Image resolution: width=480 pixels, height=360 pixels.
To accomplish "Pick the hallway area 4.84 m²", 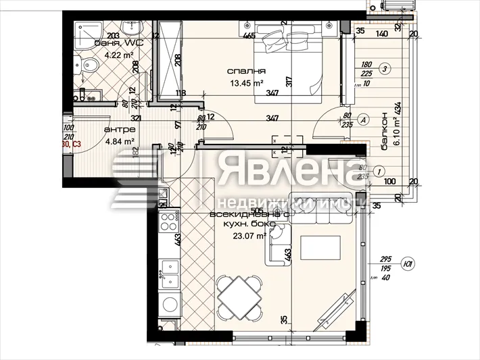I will [119, 142].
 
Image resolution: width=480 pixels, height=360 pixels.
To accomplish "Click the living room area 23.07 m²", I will [249, 236].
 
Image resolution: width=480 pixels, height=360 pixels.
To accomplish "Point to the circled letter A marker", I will [362, 120].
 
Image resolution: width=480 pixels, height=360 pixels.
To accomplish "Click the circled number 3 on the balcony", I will [385, 68].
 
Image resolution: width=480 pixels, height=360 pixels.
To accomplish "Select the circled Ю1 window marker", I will [408, 264].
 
